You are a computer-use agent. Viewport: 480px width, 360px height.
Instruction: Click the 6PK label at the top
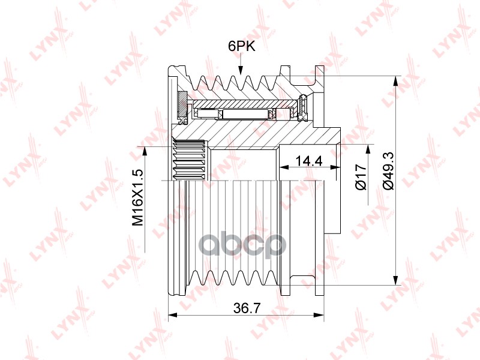241,47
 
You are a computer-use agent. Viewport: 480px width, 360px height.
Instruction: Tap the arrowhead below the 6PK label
241,70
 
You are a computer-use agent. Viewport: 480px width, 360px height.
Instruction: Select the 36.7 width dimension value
247,308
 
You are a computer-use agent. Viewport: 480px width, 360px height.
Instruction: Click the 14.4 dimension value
309,160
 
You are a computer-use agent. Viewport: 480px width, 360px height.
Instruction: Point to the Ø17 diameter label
361,176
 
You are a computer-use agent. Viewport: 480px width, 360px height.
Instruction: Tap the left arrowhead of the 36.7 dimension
173,314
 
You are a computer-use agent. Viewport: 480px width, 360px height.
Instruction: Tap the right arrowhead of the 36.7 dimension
319,314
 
